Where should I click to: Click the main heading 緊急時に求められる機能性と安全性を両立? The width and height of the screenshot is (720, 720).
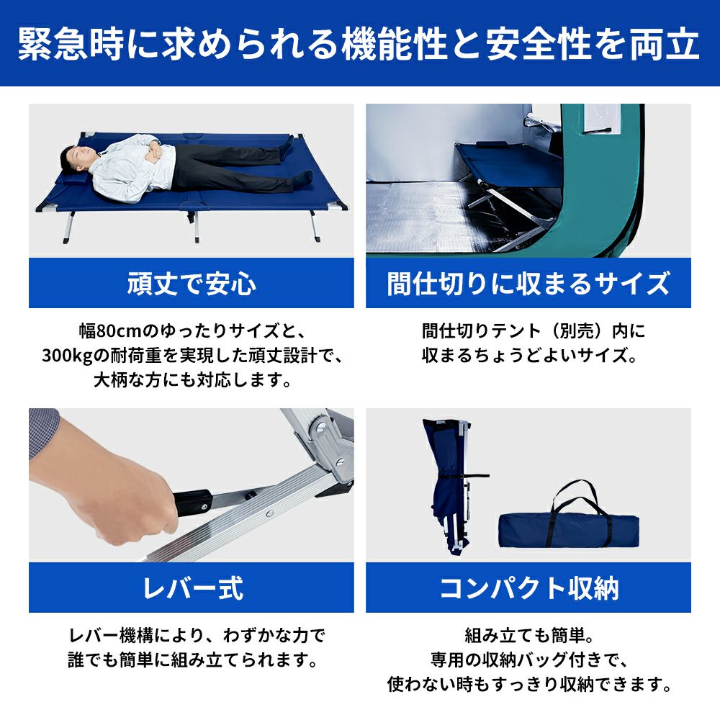[359, 44]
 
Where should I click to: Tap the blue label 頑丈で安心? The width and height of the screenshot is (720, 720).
[192, 283]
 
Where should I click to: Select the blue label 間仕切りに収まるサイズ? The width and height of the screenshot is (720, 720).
[528, 283]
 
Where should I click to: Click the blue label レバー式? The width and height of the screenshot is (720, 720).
[192, 588]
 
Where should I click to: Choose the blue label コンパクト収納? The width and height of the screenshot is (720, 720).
[528, 588]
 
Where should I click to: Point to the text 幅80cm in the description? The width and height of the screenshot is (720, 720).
[109, 331]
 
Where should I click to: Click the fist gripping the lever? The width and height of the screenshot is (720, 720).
[133, 505]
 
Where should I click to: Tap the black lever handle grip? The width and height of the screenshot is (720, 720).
[193, 503]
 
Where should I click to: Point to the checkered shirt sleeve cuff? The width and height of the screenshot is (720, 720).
[44, 431]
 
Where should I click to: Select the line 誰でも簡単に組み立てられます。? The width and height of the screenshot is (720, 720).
[193, 660]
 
